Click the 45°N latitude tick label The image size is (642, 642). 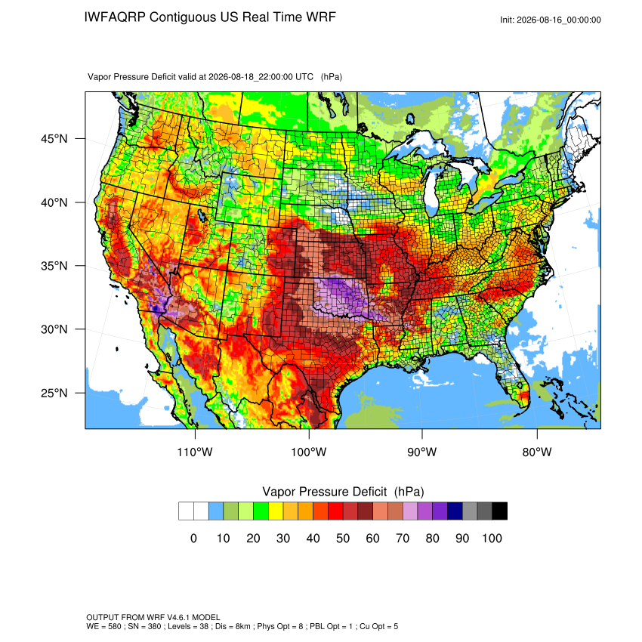coord(54,139)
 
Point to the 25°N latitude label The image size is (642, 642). coord(54,393)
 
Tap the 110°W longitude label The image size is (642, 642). coord(195,452)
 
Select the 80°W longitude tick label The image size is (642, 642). coord(537,452)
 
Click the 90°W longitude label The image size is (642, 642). coord(421,452)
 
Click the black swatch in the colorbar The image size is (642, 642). coord(500,511)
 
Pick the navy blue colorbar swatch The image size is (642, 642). coord(455,511)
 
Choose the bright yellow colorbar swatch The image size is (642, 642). coord(276,511)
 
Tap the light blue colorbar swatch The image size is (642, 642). coord(216,511)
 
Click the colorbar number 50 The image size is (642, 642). coord(343,538)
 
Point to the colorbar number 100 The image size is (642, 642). coord(492,538)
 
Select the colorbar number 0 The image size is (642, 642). coord(193,538)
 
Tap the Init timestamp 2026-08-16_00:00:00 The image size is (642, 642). coord(559,20)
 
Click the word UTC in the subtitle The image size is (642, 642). coord(304,77)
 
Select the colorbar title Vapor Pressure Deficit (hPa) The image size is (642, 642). coord(343,492)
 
